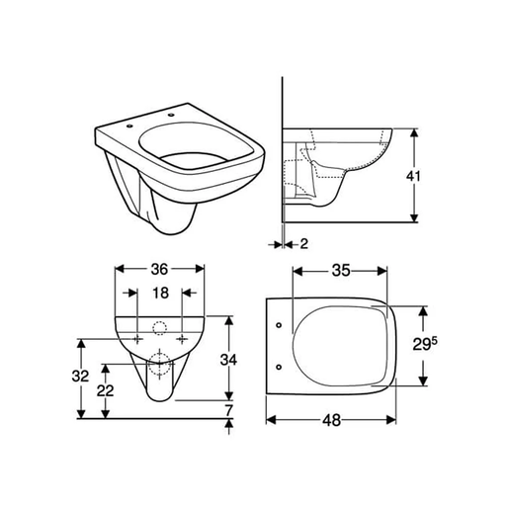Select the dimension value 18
tap(160, 294)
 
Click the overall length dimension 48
tap(331, 419)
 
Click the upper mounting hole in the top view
tap(280, 322)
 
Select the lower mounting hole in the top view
tap(280, 367)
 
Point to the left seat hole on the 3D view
tap(130, 126)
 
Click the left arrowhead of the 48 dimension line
tap(270, 419)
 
